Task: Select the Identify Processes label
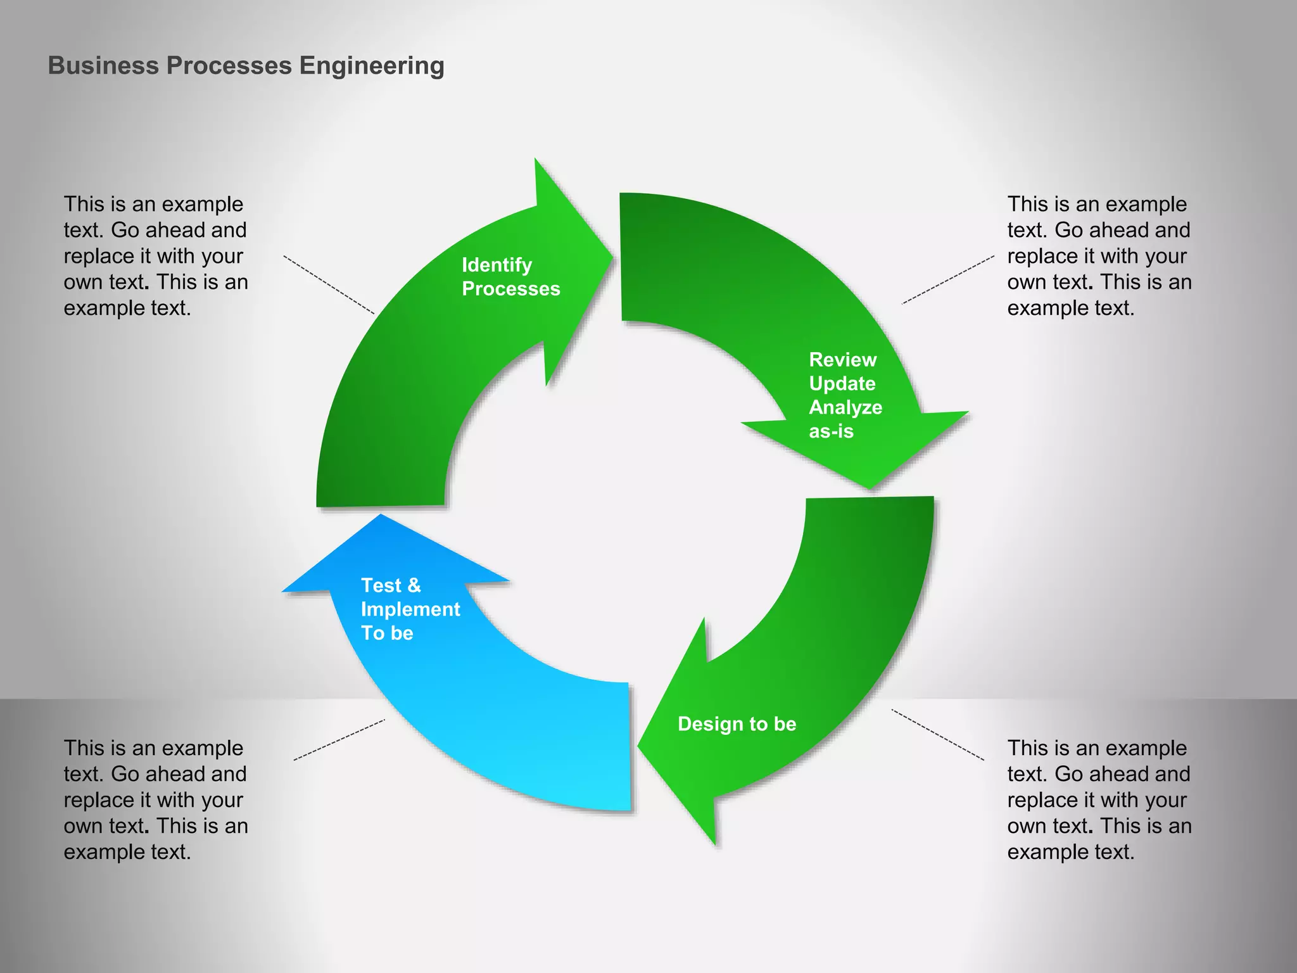click(510, 277)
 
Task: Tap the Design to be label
click(737, 724)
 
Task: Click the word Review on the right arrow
click(842, 360)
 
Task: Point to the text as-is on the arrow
click(831, 431)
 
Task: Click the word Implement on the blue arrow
click(410, 609)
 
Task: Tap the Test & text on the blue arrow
click(391, 585)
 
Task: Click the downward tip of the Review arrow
click(872, 486)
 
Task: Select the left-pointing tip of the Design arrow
click(640, 746)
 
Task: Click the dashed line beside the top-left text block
click(329, 284)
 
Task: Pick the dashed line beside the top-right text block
click(948, 280)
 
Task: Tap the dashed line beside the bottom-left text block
click(339, 740)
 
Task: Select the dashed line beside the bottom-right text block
click(938, 735)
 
